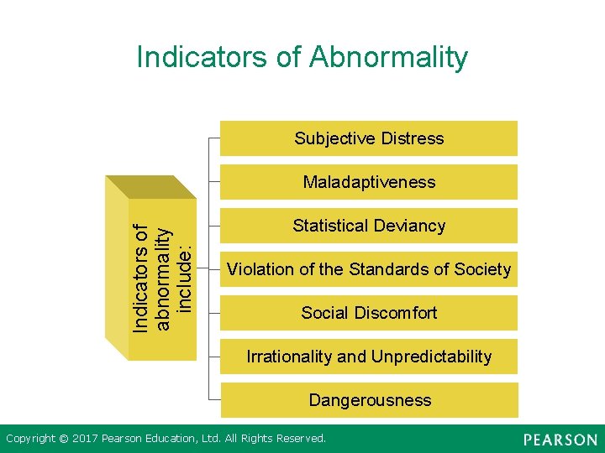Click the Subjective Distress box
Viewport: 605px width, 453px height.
coord(368,138)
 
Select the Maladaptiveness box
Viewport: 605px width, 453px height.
coord(368,182)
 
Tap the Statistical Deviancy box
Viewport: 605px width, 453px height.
coord(368,226)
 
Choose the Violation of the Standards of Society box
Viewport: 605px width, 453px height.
coord(368,269)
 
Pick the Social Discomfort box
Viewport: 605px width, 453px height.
coord(368,313)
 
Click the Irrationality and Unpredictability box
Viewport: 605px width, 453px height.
coord(368,357)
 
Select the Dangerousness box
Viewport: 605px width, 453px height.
coord(368,400)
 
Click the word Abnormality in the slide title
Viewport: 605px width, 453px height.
coord(388,57)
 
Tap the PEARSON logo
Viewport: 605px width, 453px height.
coord(560,440)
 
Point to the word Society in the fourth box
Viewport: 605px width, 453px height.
coord(482,269)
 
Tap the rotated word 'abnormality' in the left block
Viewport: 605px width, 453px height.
coord(164,278)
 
